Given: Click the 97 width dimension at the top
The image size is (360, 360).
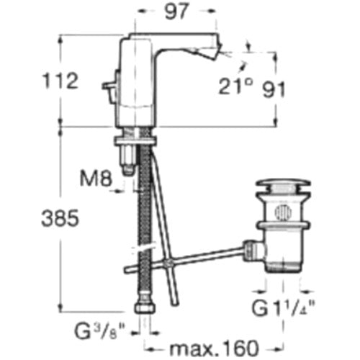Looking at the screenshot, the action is click(176, 12).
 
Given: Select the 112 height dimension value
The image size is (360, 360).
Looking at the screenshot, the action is click(60, 81).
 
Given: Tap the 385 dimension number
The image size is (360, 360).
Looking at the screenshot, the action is click(60, 218).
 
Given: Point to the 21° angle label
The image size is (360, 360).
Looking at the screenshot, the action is click(235, 86).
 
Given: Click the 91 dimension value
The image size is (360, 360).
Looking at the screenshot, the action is click(274, 89).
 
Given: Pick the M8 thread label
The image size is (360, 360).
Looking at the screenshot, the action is click(96, 179).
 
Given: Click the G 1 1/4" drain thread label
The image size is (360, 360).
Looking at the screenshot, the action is click(284, 307).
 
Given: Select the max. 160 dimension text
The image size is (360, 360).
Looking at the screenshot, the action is click(214, 348).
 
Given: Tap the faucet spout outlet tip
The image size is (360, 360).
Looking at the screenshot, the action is click(218, 51).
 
